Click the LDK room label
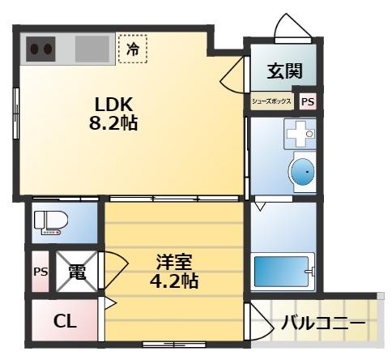pyautogui.click(x=114, y=106)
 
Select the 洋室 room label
pyautogui.click(x=174, y=264)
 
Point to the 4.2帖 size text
pyautogui.click(x=174, y=282)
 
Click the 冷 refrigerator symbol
pyautogui.click(x=133, y=49)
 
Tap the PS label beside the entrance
pyautogui.click(x=308, y=102)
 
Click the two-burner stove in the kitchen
pyautogui.click(x=41, y=49)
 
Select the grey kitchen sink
pyautogui.click(x=92, y=49)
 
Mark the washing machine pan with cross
pyautogui.click(x=298, y=135)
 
